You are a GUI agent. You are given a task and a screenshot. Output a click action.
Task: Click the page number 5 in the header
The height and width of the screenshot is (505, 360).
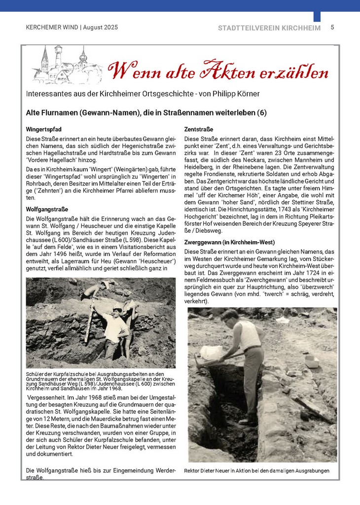(x=332, y=28)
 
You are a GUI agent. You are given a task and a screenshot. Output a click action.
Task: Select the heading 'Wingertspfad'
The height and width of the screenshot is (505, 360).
(x=43, y=129)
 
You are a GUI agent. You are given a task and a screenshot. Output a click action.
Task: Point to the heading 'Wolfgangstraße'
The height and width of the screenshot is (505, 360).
(x=47, y=209)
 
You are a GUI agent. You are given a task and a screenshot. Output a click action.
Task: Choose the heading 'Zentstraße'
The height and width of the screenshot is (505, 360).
(x=198, y=129)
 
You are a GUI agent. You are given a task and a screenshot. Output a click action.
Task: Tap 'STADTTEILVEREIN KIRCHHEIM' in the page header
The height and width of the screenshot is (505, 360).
(x=269, y=28)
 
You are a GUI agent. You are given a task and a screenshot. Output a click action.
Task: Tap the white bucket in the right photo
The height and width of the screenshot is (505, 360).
(x=211, y=352)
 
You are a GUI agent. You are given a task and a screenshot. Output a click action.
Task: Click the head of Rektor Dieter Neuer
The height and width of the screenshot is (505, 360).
(x=230, y=317)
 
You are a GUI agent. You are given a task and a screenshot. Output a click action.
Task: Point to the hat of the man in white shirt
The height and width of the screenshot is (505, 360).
(x=117, y=309)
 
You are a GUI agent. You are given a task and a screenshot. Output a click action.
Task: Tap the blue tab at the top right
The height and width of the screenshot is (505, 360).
(x=317, y=16)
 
